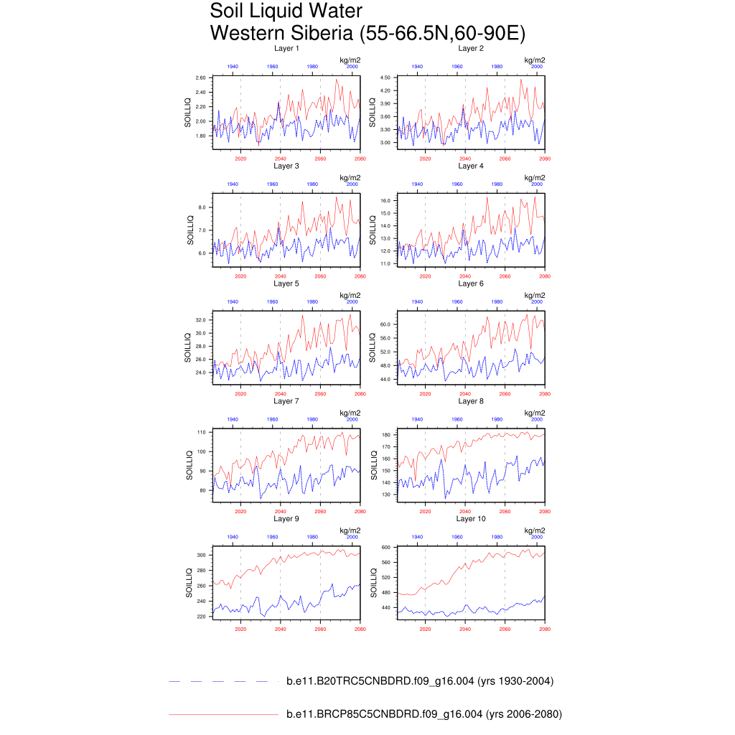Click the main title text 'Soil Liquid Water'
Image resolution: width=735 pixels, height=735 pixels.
[286, 11]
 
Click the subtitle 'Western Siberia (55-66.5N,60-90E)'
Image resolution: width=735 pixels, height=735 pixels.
[367, 33]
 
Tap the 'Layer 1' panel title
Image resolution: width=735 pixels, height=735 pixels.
[286, 48]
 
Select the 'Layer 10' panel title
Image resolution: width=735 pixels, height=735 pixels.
[471, 518]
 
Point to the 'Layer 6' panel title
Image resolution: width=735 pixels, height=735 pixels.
[471, 284]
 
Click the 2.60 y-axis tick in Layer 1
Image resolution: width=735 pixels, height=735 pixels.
[201, 78]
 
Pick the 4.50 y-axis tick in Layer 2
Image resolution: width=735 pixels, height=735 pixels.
[385, 78]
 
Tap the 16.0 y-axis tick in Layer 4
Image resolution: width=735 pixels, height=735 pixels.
[385, 201]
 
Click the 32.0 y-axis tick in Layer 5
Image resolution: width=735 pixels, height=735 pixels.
[201, 320]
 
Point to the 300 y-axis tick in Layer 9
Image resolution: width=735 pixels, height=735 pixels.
[201, 556]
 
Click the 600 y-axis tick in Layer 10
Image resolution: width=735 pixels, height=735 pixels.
[385, 548]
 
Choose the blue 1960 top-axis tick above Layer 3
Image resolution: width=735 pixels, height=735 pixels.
[273, 184]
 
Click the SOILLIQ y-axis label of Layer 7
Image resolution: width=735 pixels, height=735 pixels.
[189, 465]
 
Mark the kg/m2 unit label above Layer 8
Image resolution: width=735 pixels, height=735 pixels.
[535, 413]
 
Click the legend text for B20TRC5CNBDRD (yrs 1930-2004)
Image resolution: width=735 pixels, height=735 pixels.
[420, 681]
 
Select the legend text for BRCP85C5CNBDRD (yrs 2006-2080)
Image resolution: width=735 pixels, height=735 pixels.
[424, 714]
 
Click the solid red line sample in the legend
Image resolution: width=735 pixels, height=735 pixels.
[223, 714]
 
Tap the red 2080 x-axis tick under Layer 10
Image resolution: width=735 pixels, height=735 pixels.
[545, 629]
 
